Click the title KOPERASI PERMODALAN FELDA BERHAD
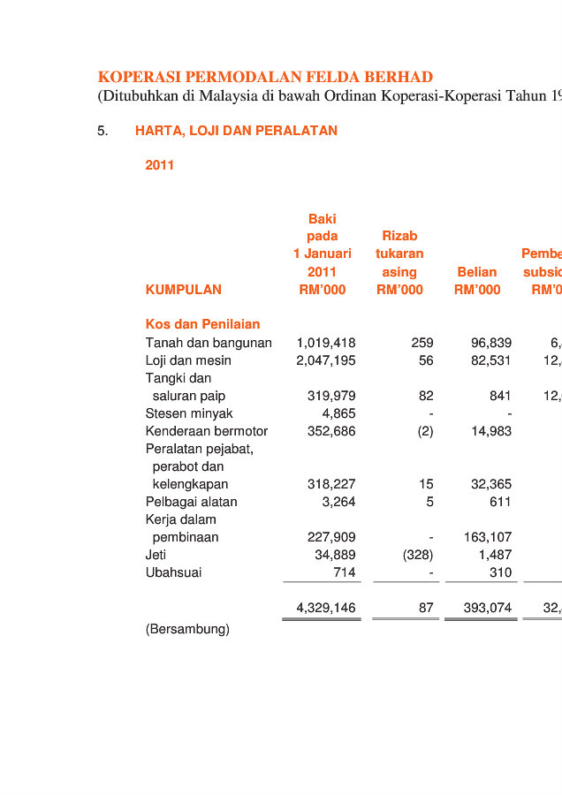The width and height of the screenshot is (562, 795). (x=265, y=77)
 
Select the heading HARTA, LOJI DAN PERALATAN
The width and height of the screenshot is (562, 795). (x=236, y=131)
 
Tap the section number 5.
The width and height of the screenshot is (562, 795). (x=103, y=131)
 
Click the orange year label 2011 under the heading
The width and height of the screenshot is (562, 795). (x=160, y=165)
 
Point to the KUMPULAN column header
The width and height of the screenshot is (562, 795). (x=183, y=290)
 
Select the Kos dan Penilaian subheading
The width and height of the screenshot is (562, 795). (x=202, y=324)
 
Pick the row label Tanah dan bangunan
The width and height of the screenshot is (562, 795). (x=209, y=343)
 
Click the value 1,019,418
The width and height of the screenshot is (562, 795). (x=326, y=343)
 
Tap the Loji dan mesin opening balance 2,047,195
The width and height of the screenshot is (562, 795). (x=326, y=360)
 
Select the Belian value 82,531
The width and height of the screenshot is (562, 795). (x=488, y=360)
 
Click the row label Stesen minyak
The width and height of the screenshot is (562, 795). (x=189, y=413)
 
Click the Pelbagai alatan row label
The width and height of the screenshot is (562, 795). (x=191, y=502)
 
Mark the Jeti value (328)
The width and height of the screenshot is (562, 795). (x=417, y=555)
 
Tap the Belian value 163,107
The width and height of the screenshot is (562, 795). (x=488, y=537)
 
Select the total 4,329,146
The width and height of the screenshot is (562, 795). (x=326, y=608)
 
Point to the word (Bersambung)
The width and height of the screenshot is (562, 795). (x=187, y=629)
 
